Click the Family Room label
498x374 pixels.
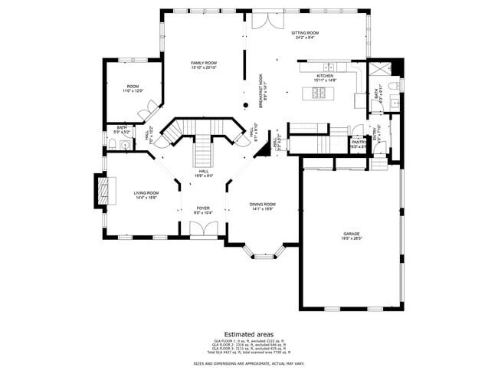[x=204, y=64]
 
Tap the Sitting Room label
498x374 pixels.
[x=304, y=34]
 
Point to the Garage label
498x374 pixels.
[x=352, y=234]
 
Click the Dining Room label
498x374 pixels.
[x=262, y=205]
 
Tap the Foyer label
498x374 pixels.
[x=203, y=208]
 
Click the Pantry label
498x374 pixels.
[x=357, y=142]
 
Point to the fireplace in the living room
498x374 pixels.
[x=103, y=191]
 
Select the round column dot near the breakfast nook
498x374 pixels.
[x=246, y=104]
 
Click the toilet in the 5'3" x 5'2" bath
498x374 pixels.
[x=112, y=143]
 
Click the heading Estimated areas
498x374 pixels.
[x=249, y=333]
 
